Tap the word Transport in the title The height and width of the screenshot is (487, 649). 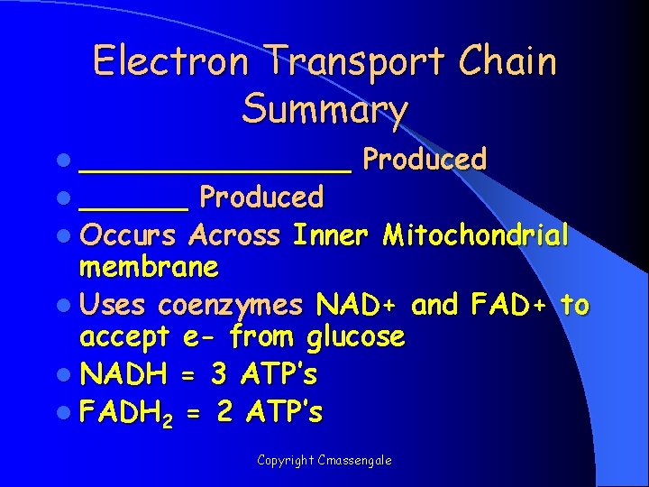coord(354,62)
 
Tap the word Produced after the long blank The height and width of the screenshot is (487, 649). coord(425,160)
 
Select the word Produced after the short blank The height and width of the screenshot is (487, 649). coord(261,197)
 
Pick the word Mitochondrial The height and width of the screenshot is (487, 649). coord(475,235)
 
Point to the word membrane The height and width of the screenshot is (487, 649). coord(149,268)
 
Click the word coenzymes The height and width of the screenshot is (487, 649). coord(230,306)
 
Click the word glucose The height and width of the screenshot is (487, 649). coord(355,338)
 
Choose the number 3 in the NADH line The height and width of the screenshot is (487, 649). coord(217,372)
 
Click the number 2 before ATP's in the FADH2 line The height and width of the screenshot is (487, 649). coord(225,412)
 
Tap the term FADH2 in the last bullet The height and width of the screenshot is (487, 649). coord(125,413)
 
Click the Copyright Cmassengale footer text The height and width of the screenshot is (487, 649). coord(324,460)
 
